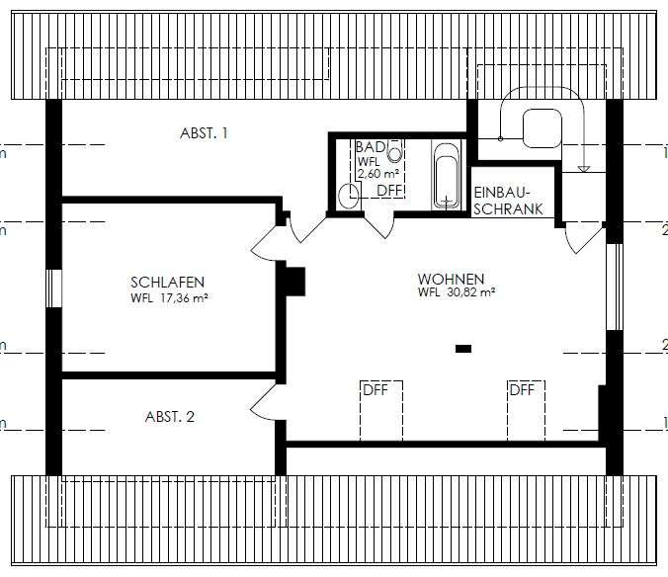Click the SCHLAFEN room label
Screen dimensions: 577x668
point(168,281)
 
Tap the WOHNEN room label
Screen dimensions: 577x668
point(450,279)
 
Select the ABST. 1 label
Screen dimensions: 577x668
point(205,132)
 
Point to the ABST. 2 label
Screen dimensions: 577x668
point(170,416)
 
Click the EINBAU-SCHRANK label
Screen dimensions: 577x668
point(503,201)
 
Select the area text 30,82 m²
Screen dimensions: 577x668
point(468,292)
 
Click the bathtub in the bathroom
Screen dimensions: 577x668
point(448,176)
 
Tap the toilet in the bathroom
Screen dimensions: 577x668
point(347,196)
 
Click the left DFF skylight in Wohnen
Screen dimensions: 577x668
point(380,408)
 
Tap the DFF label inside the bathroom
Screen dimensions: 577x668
point(389,190)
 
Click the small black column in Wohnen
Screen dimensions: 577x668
point(462,348)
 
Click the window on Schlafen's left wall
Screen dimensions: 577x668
point(54,292)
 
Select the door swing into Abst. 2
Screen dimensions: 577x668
point(263,402)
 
